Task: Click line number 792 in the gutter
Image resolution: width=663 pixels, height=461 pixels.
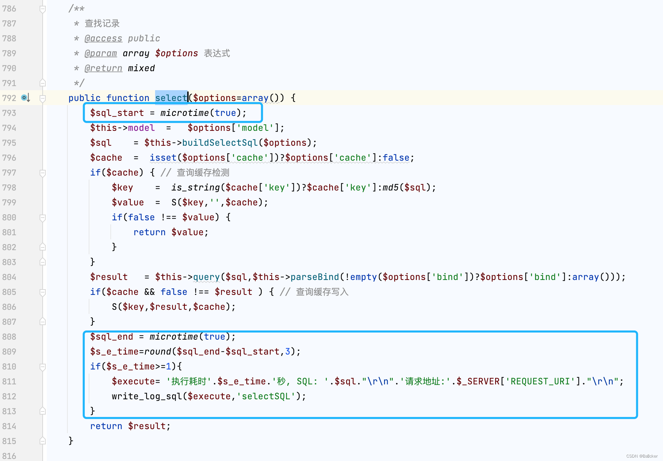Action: pyautogui.click(x=9, y=98)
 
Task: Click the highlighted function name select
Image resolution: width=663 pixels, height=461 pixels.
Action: pyautogui.click(x=171, y=98)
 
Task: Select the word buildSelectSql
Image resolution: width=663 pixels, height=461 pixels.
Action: pyautogui.click(x=220, y=143)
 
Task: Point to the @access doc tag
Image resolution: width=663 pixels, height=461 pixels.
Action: pyautogui.click(x=103, y=38)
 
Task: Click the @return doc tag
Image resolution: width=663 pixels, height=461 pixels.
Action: pyautogui.click(x=103, y=68)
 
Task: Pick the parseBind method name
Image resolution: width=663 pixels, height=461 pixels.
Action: pyautogui.click(x=315, y=277)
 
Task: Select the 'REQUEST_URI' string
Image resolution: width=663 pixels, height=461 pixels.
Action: pyautogui.click(x=540, y=381)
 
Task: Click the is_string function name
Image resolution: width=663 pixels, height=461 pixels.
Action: pyautogui.click(x=195, y=187)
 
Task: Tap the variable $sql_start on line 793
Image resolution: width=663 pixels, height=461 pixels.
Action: pyautogui.click(x=117, y=113)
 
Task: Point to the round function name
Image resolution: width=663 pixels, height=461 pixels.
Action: pyautogui.click(x=158, y=352)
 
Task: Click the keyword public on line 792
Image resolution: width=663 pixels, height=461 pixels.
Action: pyautogui.click(x=84, y=98)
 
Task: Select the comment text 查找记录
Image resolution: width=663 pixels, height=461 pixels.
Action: pyautogui.click(x=102, y=23)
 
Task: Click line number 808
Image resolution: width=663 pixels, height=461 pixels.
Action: pyautogui.click(x=9, y=337)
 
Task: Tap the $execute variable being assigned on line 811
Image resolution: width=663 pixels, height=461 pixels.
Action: pyautogui.click(x=133, y=381)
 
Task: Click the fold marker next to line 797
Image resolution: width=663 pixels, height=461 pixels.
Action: pyautogui.click(x=43, y=173)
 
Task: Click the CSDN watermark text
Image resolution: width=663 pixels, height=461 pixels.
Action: pyautogui.click(x=642, y=456)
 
